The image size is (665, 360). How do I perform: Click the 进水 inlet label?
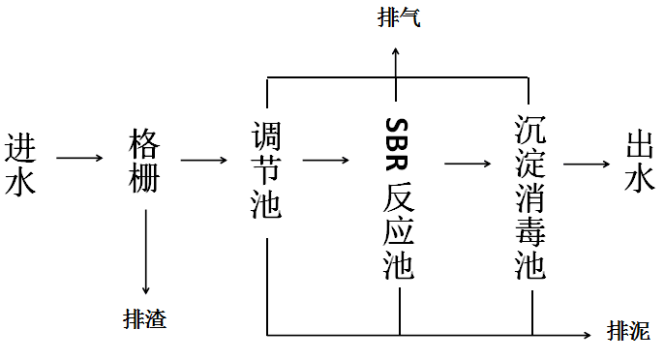click(x=21, y=164)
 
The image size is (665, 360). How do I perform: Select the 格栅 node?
click(x=145, y=164)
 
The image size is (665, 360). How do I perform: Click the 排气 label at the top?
click(x=399, y=18)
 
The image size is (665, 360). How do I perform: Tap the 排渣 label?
click(x=145, y=316)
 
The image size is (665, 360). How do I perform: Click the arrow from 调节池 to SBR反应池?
click(x=326, y=158)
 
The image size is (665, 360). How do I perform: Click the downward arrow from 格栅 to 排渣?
click(x=145, y=251)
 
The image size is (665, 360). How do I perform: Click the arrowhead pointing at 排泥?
click(x=589, y=335)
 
